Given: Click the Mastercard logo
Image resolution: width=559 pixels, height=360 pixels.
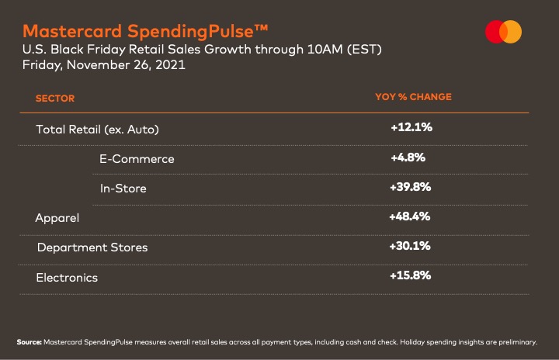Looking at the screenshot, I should point(503,32).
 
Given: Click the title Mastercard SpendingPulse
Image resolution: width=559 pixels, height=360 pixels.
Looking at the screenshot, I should point(146,31).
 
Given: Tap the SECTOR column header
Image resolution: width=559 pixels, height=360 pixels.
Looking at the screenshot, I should point(55,99).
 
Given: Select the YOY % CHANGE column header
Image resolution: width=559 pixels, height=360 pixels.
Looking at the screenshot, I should point(413,97).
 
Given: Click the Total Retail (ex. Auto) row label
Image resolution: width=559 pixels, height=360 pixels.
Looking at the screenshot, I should point(102,129).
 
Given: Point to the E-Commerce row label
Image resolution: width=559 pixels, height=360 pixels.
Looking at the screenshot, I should point(137,159).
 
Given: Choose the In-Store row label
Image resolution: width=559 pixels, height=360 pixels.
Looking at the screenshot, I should point(123,189).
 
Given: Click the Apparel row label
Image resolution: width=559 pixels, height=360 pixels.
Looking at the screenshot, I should point(57,218).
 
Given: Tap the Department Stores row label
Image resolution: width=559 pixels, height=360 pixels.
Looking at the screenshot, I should point(92,247).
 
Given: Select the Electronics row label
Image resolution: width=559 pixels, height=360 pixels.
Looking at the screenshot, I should point(67,277).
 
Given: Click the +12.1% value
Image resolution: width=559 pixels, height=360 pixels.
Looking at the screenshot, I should point(411,127).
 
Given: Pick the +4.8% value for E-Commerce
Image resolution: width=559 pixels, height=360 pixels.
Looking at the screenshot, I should point(408,157).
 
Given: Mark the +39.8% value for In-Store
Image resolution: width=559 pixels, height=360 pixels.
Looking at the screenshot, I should point(411,187).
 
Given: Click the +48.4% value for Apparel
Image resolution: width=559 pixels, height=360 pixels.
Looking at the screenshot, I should point(410,216).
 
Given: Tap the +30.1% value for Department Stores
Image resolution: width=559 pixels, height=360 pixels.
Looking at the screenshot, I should point(411,246).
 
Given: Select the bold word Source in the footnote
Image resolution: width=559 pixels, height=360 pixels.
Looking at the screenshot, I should point(29,341).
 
